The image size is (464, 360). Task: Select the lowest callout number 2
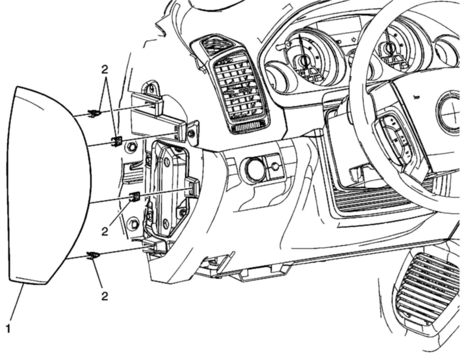[x=104, y=296]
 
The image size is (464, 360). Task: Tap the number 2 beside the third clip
[x=104, y=232]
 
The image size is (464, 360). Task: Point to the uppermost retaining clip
[x=94, y=113]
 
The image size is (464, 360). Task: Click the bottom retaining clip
[x=93, y=256]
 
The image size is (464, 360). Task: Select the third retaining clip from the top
[x=134, y=196]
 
